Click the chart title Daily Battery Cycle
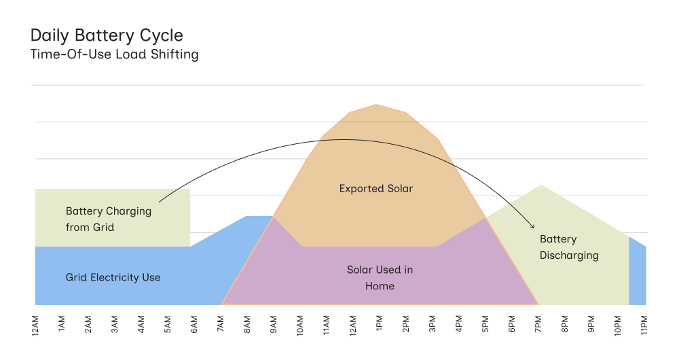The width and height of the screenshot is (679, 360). click(x=107, y=35)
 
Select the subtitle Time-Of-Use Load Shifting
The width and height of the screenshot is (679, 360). click(x=114, y=54)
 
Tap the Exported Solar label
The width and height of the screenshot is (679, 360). click(x=375, y=188)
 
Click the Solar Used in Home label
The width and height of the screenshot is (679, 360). click(x=380, y=278)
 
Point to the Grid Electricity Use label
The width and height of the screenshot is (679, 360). click(x=113, y=277)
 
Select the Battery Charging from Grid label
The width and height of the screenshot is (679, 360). click(x=109, y=219)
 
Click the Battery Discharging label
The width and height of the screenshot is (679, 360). click(x=569, y=247)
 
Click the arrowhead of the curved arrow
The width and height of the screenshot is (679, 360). click(x=533, y=226)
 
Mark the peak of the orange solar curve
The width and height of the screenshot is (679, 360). click(x=376, y=105)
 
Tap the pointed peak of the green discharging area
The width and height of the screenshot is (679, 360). click(x=541, y=185)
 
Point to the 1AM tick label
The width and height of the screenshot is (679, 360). click(x=62, y=323)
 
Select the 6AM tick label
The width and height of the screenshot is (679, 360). click(x=194, y=323)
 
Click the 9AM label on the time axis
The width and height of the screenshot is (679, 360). click(x=274, y=323)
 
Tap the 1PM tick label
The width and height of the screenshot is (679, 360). click(x=380, y=323)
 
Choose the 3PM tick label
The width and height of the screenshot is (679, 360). click(x=433, y=323)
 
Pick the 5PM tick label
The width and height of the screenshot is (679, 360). click(x=485, y=323)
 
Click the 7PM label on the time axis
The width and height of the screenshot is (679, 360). click(x=538, y=323)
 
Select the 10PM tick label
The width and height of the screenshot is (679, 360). click(x=618, y=323)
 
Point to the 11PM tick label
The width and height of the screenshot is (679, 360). click(x=644, y=323)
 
